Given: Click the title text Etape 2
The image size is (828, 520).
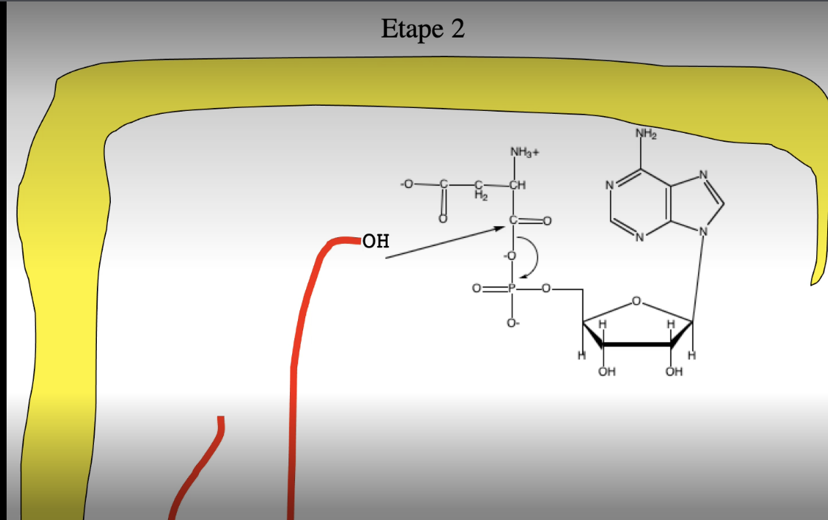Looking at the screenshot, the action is [423, 29].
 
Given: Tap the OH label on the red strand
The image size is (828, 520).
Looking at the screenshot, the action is [376, 241].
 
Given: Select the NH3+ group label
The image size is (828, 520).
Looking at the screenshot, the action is [524, 152].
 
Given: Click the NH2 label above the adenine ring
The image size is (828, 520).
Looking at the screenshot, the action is [645, 134].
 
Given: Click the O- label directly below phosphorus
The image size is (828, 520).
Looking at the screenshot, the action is [512, 322].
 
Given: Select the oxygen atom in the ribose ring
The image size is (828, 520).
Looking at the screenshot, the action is [636, 300].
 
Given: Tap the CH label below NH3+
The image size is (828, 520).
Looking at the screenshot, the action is [517, 185].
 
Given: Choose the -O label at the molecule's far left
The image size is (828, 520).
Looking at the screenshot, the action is [406, 184].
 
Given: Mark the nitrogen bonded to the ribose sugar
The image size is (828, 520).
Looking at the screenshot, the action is [703, 231].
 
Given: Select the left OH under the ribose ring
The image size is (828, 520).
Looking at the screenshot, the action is [606, 372].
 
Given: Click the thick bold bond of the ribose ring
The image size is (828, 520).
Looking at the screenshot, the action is [637, 344].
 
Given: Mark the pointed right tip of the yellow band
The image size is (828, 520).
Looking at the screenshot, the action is [813, 282].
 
